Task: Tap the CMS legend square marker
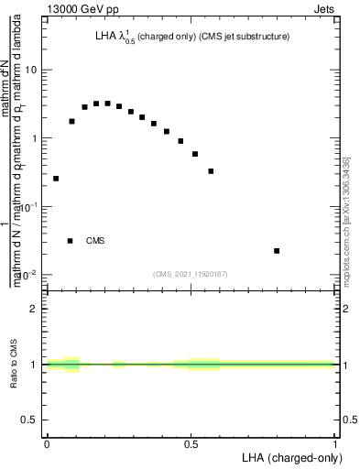[71, 241]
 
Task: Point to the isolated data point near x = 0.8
[277, 251]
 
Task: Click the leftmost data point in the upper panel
[56, 179]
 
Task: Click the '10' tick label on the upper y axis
[31, 71]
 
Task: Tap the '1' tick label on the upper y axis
[35, 139]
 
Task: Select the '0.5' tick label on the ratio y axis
[30, 420]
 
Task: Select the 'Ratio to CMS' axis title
[14, 365]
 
